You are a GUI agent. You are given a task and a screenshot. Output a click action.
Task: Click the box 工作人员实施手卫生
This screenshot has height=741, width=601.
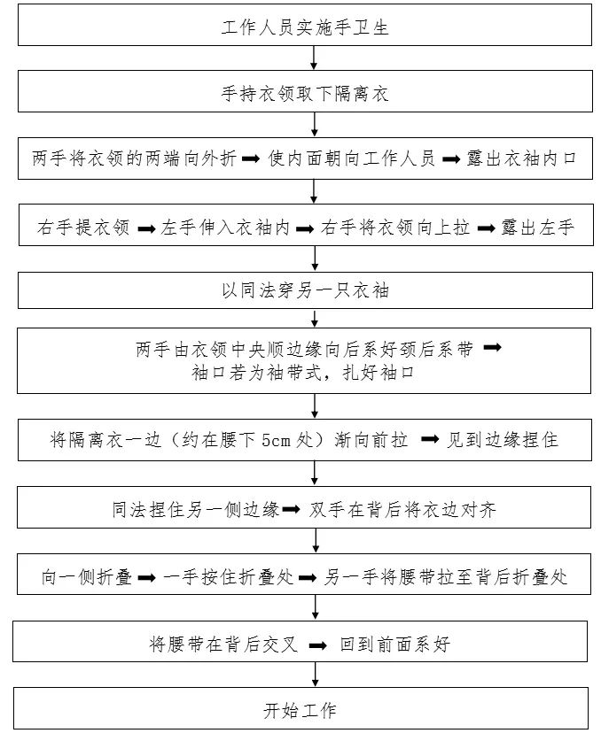[x=304, y=27]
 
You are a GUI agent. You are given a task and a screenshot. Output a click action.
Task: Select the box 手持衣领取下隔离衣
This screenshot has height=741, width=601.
[x=304, y=93]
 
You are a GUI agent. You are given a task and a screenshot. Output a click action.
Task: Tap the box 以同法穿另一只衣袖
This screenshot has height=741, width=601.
[x=304, y=290]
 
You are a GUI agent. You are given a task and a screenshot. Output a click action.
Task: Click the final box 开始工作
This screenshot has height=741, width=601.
[x=300, y=709]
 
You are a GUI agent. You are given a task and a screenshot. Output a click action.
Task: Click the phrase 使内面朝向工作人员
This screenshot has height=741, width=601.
[x=353, y=160]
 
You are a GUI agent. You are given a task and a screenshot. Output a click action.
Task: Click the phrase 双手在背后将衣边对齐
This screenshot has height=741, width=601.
[x=402, y=509]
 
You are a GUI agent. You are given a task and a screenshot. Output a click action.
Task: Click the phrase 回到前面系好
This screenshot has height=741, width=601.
[x=394, y=645]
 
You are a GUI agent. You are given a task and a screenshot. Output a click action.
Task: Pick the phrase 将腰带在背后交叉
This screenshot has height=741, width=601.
[x=222, y=645]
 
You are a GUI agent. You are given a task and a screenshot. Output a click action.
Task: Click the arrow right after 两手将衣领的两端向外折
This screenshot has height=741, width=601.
[x=250, y=160]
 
